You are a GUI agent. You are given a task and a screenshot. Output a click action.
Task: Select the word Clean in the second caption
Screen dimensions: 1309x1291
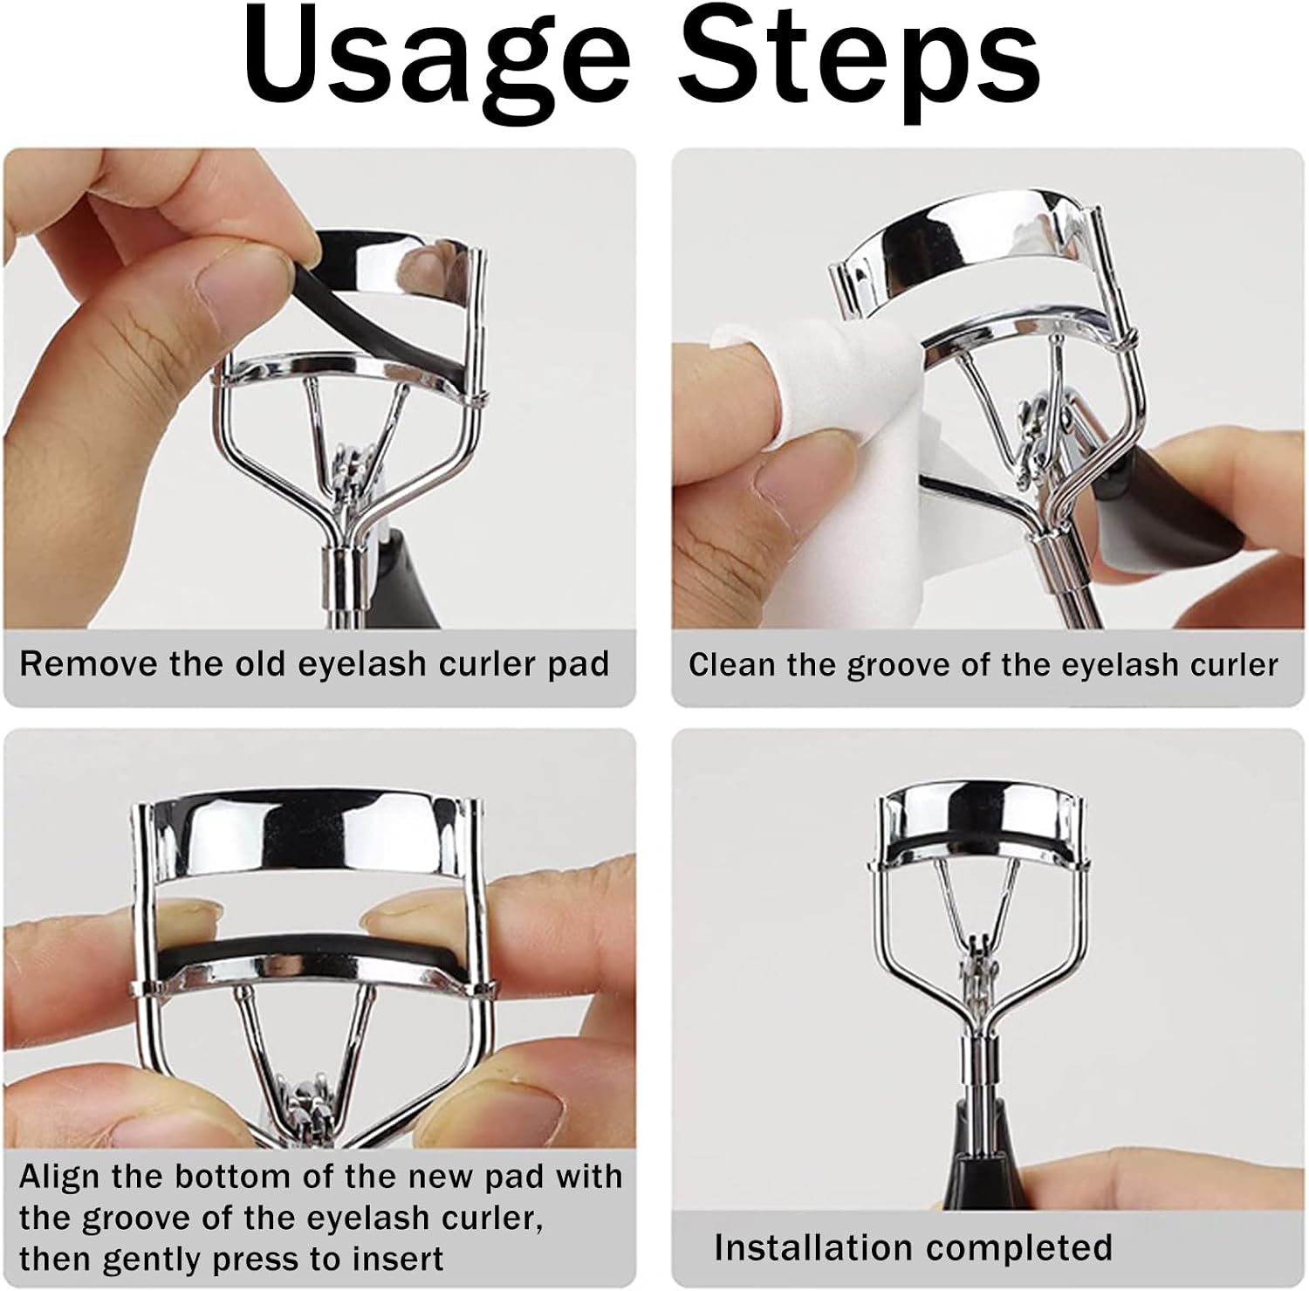pos(732,664)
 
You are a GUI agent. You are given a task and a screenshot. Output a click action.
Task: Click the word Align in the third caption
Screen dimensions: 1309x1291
pos(60,1178)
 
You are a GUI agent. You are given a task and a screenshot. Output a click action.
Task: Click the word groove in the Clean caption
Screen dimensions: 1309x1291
pos(881,666)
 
